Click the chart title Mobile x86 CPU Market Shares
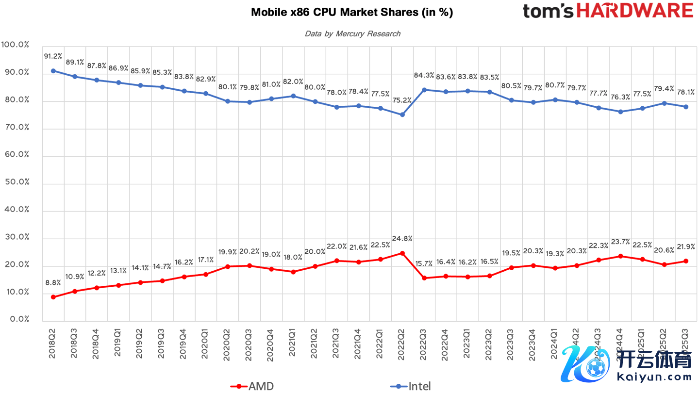(351, 12)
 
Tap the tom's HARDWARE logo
(608, 11)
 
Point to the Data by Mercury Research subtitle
(352, 33)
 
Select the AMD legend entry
(252, 386)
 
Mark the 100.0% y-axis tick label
(16, 45)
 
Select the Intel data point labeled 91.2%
(53, 71)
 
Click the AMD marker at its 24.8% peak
(402, 253)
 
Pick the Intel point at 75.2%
(402, 115)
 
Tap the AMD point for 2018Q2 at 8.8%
(53, 297)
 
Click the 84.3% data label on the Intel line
(424, 75)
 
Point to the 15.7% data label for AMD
(424, 263)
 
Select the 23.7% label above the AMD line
(620, 242)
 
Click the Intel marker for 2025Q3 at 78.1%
(686, 107)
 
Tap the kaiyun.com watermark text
(654, 377)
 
